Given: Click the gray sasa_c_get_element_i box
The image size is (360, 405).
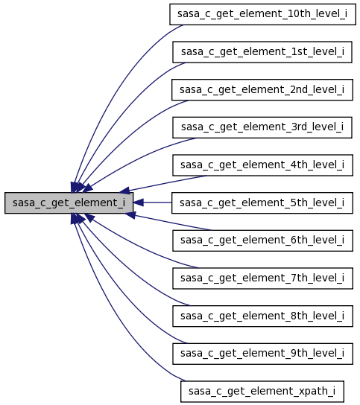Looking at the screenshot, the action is [x=69, y=202].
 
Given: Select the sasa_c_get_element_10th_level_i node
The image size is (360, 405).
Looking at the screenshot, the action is [x=262, y=14].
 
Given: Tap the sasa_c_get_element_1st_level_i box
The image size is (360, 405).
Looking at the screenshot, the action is [x=262, y=52].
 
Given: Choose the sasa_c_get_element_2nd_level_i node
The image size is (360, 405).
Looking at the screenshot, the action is [x=262, y=89].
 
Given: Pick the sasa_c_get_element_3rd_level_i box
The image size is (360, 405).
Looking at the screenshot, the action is [x=262, y=127].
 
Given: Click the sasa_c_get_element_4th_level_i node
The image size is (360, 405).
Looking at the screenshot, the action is [x=262, y=165].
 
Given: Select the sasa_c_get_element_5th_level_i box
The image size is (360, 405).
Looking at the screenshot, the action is [x=262, y=202].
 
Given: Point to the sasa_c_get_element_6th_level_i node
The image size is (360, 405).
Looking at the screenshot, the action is [x=262, y=240].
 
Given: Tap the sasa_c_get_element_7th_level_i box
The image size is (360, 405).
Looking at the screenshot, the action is [x=262, y=278].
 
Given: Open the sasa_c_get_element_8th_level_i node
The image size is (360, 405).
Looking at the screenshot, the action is [x=262, y=316].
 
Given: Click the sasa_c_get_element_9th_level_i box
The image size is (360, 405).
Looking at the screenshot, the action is [x=262, y=354].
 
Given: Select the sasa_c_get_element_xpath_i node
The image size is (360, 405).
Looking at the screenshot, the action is [x=262, y=392].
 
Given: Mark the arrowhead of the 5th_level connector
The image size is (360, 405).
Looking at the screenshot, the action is [x=139, y=202].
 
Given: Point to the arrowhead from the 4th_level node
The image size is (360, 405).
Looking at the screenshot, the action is [x=124, y=191].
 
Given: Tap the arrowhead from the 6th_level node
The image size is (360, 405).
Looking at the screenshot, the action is [x=130, y=214].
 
